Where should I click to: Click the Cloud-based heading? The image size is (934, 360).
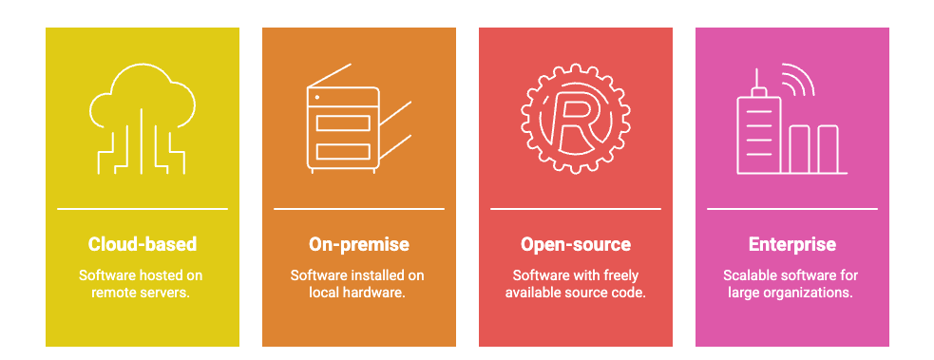pyautogui.click(x=143, y=244)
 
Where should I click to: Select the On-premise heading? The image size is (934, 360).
pyautogui.click(x=359, y=244)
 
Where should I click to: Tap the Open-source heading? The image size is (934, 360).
pyautogui.click(x=576, y=244)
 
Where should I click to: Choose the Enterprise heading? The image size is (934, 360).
pyautogui.click(x=792, y=244)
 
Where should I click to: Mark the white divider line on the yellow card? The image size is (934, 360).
pyautogui.click(x=143, y=208)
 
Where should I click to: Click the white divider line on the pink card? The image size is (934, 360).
pyautogui.click(x=792, y=208)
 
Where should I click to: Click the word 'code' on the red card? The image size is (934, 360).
pyautogui.click(x=629, y=293)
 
